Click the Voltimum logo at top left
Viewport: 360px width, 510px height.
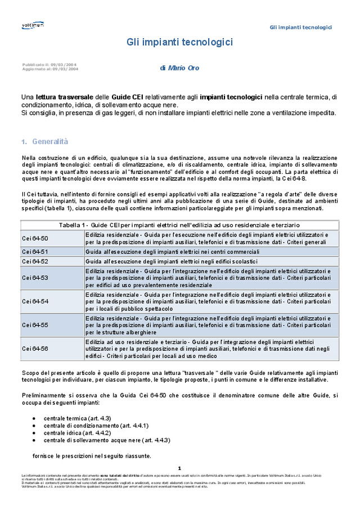click(33, 25)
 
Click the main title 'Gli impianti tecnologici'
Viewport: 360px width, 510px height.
click(179, 43)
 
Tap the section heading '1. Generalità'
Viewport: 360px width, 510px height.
click(44, 141)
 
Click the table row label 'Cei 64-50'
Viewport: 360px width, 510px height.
click(35, 238)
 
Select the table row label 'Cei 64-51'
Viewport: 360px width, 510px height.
click(35, 252)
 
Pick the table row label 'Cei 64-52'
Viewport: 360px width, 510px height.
click(35, 262)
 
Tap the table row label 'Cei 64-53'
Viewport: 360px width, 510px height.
click(35, 278)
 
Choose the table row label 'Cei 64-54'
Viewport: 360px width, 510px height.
click(35, 301)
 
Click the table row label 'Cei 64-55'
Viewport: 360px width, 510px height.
click(35, 325)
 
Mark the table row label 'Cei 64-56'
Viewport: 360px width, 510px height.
click(35, 348)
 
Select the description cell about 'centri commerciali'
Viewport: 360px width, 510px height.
click(172, 252)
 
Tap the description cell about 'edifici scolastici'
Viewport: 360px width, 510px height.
click(171, 262)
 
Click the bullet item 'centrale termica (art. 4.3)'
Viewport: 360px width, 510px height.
click(77, 418)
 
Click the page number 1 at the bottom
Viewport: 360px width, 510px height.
click(179, 468)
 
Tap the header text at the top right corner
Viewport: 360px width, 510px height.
click(300, 28)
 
